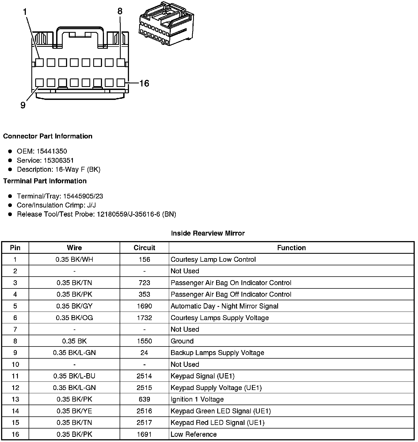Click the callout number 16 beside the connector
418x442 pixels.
click(x=144, y=83)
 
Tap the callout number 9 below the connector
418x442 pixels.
click(x=23, y=105)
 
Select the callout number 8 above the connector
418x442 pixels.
click(x=120, y=11)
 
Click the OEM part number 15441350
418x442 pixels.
click(x=52, y=151)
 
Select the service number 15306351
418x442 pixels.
click(x=59, y=160)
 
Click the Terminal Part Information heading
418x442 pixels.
click(x=45, y=181)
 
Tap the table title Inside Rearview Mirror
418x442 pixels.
click(x=208, y=233)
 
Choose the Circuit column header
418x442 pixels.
click(x=144, y=248)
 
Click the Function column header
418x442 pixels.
click(x=291, y=248)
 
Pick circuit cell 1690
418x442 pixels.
click(x=144, y=306)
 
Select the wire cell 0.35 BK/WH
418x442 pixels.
click(x=74, y=260)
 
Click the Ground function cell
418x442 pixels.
click(x=182, y=341)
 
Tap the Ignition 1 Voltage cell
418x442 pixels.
click(x=197, y=399)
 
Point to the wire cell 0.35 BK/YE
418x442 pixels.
click(x=74, y=411)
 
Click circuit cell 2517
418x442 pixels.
click(x=144, y=422)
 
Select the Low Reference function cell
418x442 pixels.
click(x=194, y=434)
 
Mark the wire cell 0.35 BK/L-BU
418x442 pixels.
click(x=74, y=376)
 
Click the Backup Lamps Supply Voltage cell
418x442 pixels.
click(x=217, y=353)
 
